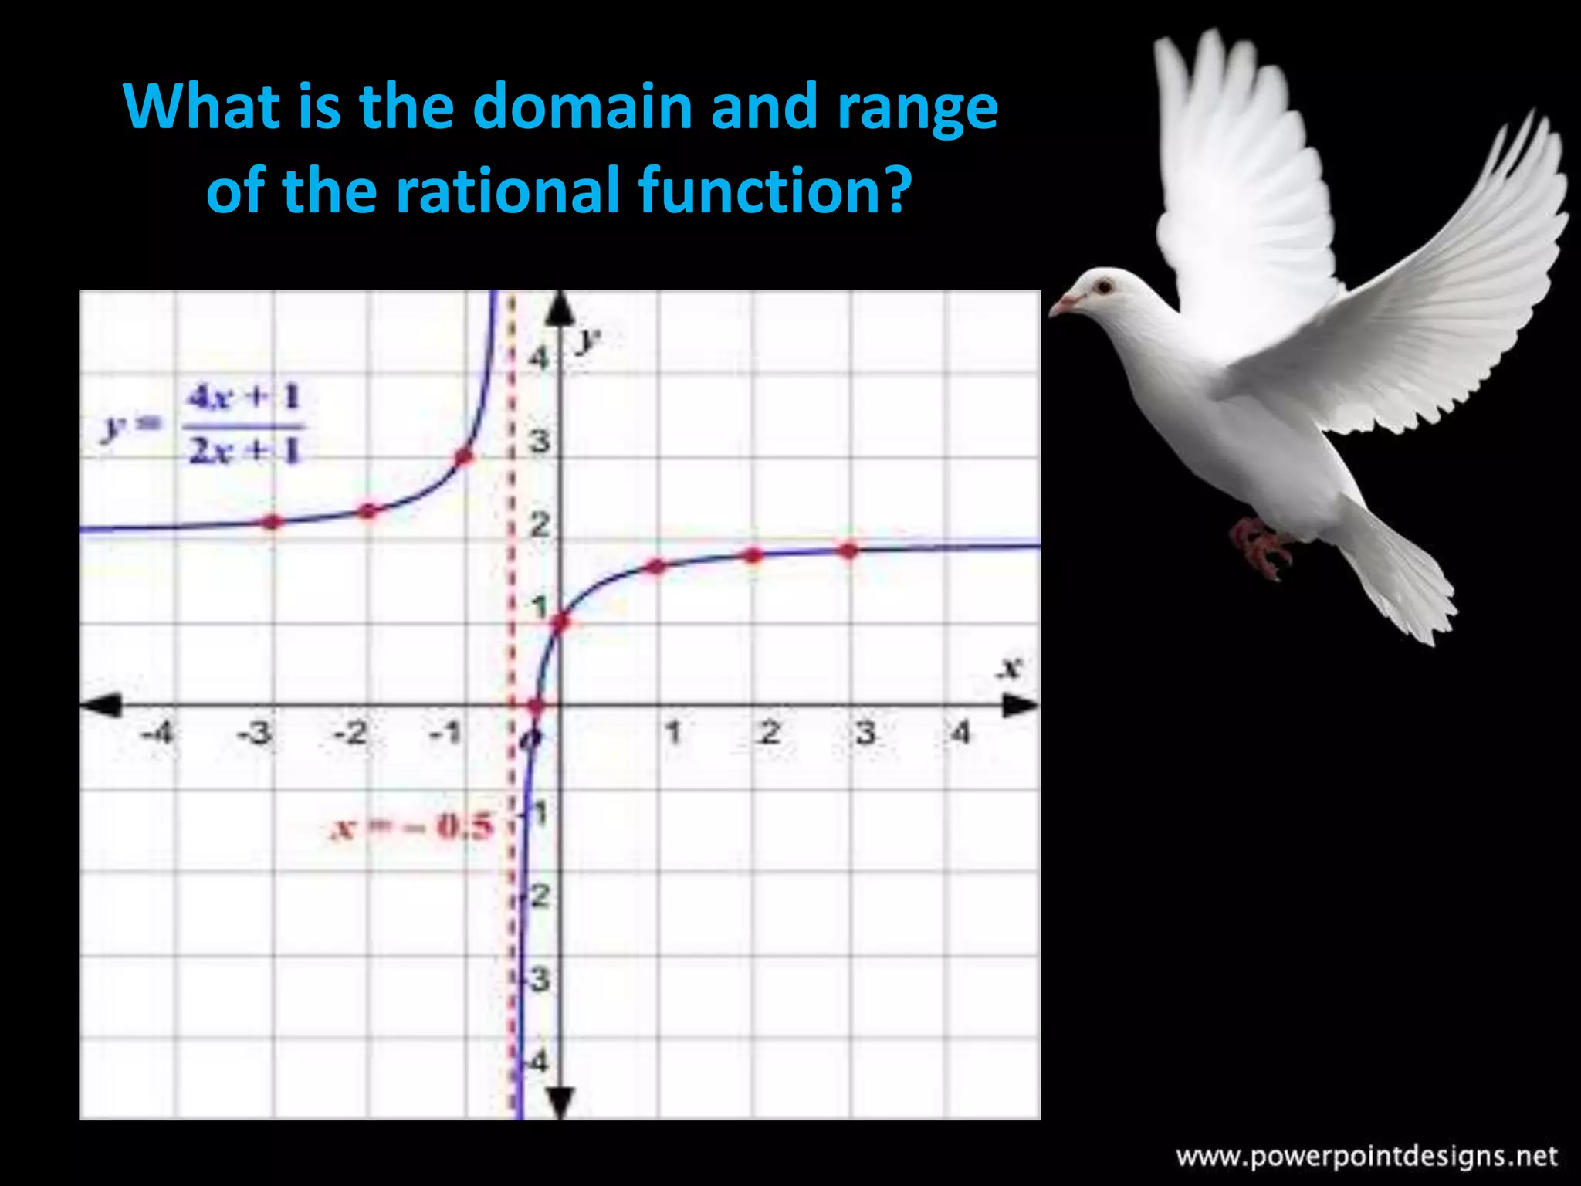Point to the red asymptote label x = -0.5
[x=411, y=827]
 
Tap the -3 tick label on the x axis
[x=255, y=732]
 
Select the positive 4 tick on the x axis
[x=960, y=731]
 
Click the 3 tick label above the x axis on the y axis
[x=540, y=442]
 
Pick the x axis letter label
[x=1009, y=667]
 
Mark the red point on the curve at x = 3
[x=848, y=551]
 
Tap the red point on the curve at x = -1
[x=464, y=457]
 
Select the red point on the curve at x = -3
[x=272, y=522]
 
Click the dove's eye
[x=1105, y=287]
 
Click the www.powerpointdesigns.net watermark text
[x=1366, y=1156]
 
